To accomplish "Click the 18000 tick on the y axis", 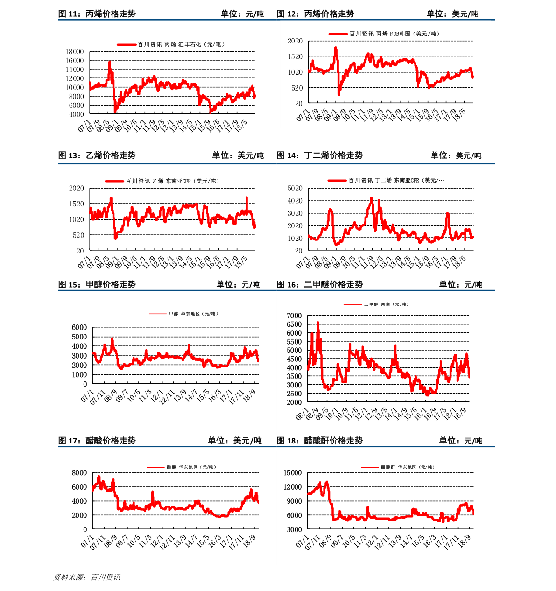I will tap(75, 52).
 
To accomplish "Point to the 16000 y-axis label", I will tap(75, 61).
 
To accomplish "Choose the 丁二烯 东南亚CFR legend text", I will tap(396, 180).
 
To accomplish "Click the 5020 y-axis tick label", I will tap(295, 189).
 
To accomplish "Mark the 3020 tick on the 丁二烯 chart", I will tap(295, 213).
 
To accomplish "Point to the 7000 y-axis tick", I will tap(294, 316).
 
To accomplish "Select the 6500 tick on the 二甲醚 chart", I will tap(294, 324).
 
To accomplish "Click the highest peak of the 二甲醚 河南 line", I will tap(318, 322).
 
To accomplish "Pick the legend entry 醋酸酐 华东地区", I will tap(408, 467).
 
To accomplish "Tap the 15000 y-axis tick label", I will tap(293, 473).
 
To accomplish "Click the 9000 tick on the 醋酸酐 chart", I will tap(295, 501).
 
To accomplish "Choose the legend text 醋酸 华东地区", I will tap(191, 467).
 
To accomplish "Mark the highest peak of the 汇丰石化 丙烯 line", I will tap(110, 62).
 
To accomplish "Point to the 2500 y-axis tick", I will tap(294, 394).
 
